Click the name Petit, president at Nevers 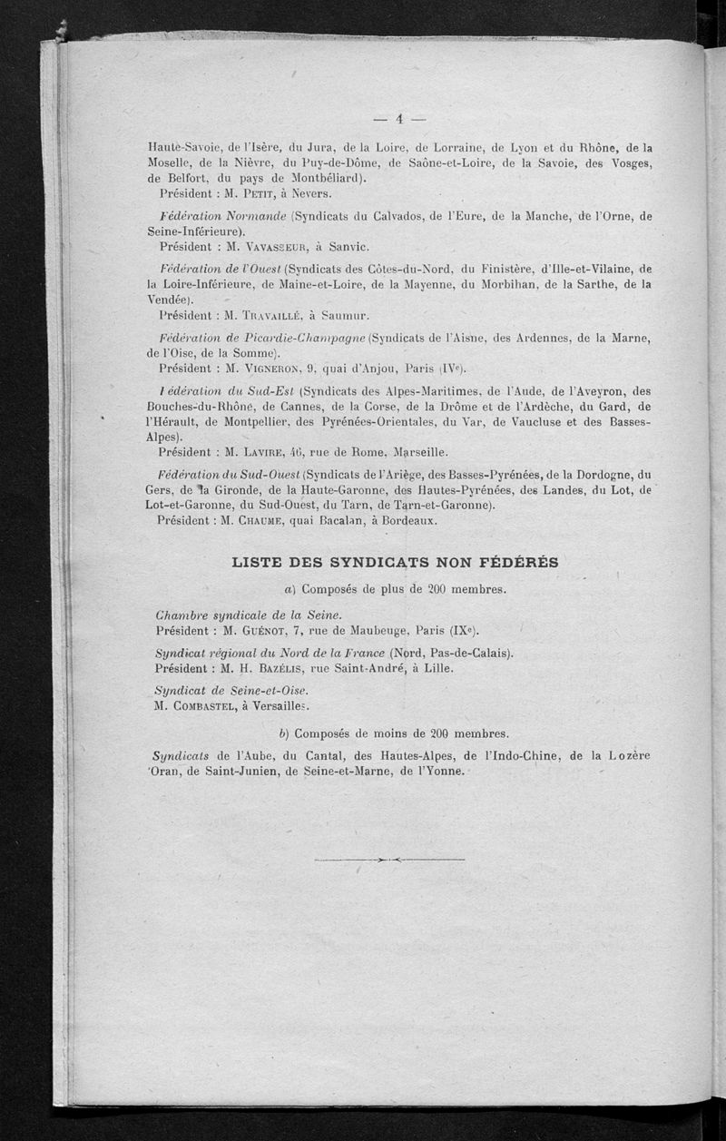click(269, 193)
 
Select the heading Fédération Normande click(222, 216)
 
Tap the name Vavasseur click(273, 246)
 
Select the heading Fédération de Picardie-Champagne click(261, 339)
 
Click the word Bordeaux click(407, 520)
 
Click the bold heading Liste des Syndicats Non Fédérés click(395, 562)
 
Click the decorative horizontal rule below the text click(389, 859)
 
